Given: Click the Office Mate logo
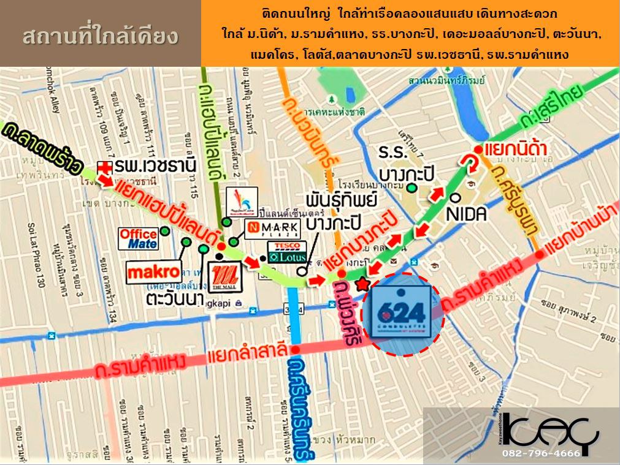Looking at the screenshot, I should click(139, 238).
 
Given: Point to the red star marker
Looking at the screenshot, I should click(362, 283).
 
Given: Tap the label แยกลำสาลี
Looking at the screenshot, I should click(247, 352).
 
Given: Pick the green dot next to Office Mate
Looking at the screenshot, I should click(165, 232).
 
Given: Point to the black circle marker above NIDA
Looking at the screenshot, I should click(455, 198).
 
